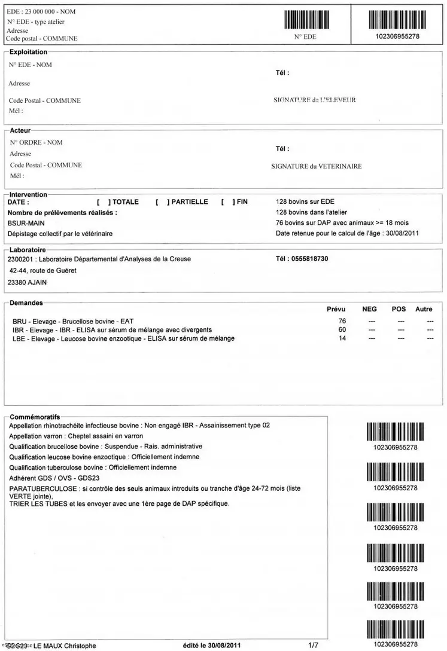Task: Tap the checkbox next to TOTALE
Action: pyautogui.click(x=103, y=202)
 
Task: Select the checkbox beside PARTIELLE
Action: pyautogui.click(x=162, y=202)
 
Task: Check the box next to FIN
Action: pyautogui.click(x=227, y=202)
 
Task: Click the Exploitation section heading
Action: pyautogui.click(x=28, y=53)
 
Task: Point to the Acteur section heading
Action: pyautogui.click(x=20, y=130)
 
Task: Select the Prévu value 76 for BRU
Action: pyautogui.click(x=342, y=322)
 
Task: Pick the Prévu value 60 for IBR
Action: pyautogui.click(x=342, y=330)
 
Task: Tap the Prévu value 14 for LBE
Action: pyautogui.click(x=342, y=338)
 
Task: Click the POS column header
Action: pyautogui.click(x=399, y=309)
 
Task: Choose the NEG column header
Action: pyautogui.click(x=370, y=309)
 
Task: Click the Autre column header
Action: pyautogui.click(x=424, y=309)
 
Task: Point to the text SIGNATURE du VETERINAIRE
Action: pyautogui.click(x=317, y=167)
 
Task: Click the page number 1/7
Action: pyautogui.click(x=313, y=645)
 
